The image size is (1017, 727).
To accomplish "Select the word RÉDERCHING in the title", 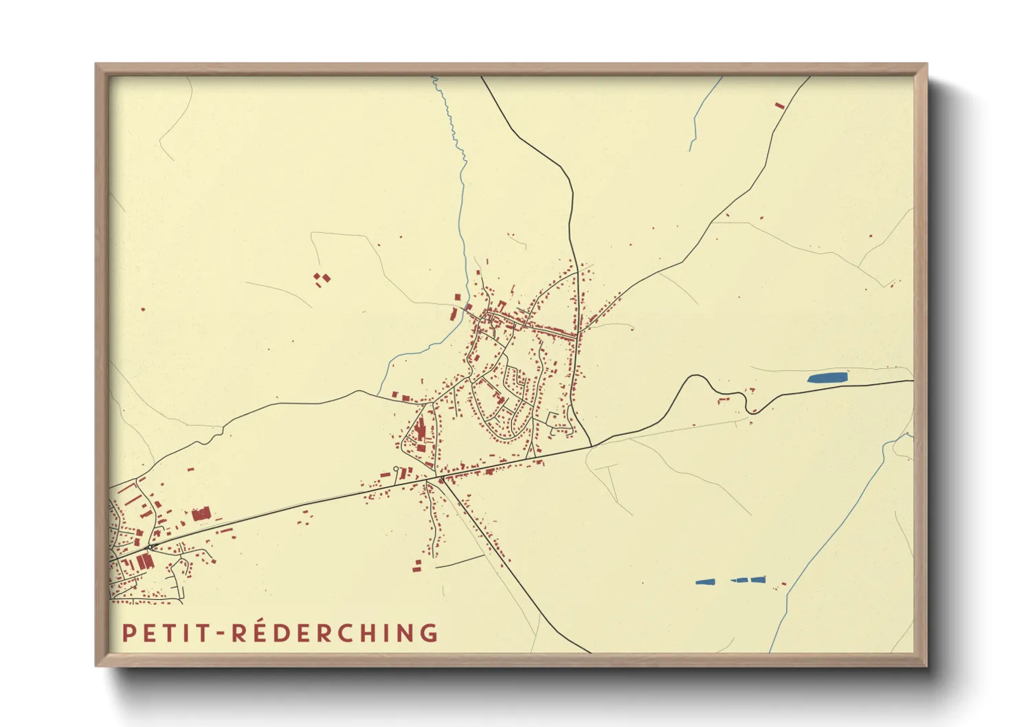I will pos(335,633).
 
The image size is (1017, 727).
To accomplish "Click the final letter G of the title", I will pos(430,633).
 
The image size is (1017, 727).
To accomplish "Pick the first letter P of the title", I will pos(127,633).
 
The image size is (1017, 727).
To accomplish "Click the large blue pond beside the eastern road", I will pos(827,377).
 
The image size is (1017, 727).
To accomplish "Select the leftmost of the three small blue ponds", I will pos(705,582).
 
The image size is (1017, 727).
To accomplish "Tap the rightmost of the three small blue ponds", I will pos(758,579).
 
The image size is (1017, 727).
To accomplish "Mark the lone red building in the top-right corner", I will pos(779,105).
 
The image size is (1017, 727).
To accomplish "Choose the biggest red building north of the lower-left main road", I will pos(201,514).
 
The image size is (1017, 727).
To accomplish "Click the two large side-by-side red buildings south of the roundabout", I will pos(144,561).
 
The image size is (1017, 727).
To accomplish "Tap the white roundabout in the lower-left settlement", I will pos(150,547).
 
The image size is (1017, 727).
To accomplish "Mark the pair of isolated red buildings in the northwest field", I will pos(322,278).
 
